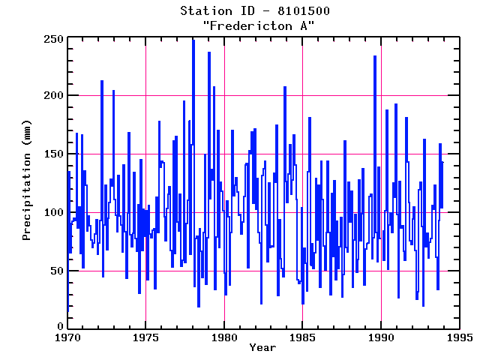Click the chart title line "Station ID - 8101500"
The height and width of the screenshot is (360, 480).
coord(255,11)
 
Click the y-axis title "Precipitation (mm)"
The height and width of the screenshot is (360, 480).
coord(26,183)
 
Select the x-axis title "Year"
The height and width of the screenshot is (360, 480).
coord(262,347)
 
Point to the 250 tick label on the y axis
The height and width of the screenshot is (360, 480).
coord(52,38)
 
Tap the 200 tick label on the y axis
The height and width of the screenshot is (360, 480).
coord(52,96)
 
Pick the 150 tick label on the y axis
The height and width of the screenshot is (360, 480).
coord(52,154)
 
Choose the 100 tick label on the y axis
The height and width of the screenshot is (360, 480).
coord(52,212)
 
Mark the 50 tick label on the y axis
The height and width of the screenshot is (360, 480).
coord(55,270)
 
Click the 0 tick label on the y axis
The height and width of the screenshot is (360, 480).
coord(58,328)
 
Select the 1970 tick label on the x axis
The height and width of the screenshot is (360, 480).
coord(67,337)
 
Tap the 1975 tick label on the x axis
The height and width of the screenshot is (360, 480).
coord(145,337)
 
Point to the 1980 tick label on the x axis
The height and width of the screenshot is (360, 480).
coord(224,337)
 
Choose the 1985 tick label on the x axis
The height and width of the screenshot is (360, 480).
coord(302,337)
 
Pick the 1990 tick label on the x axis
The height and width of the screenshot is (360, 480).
coord(381,337)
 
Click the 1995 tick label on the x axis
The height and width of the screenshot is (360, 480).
coord(459,337)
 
